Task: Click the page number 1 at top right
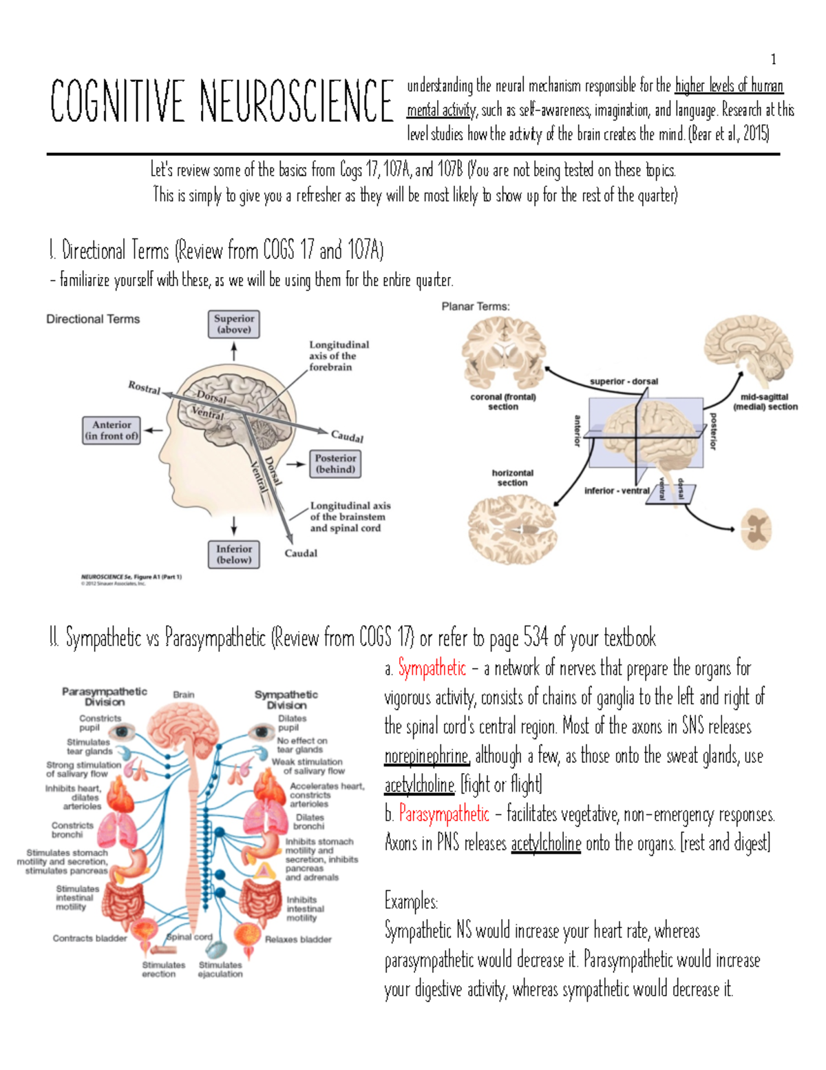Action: pyautogui.click(x=774, y=59)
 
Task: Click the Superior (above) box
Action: pyautogui.click(x=234, y=324)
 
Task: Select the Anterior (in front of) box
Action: pyautogui.click(x=112, y=430)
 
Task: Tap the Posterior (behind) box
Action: pyautogui.click(x=335, y=464)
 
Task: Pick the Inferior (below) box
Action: pyautogui.click(x=234, y=554)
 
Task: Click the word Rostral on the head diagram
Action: pyautogui.click(x=144, y=388)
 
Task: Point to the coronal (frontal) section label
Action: pyautogui.click(x=503, y=402)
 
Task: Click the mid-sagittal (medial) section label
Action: pyautogui.click(x=765, y=402)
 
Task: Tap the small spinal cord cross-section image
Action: pyautogui.click(x=756, y=529)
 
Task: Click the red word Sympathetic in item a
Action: pyautogui.click(x=432, y=668)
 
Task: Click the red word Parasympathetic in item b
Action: pyautogui.click(x=444, y=814)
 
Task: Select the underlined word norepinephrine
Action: pyautogui.click(x=427, y=757)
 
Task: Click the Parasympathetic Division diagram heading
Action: pyautogui.click(x=105, y=697)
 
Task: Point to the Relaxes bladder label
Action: pyautogui.click(x=298, y=939)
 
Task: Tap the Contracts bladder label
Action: pyautogui.click(x=89, y=938)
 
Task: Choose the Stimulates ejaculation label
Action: pyautogui.click(x=220, y=969)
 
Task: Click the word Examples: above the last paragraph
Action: pyautogui.click(x=411, y=901)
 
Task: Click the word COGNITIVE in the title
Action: pyautogui.click(x=117, y=102)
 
